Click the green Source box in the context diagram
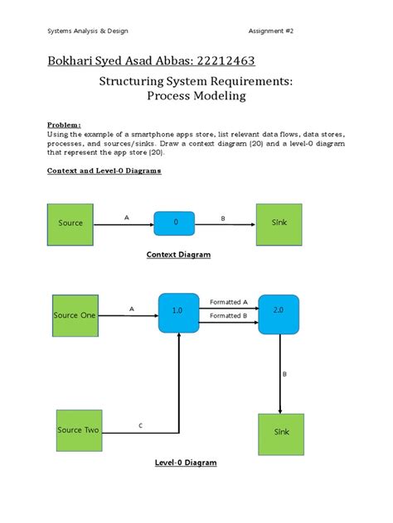[70, 223]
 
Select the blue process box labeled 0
[174, 223]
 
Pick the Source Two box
[80, 430]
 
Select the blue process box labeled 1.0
[177, 310]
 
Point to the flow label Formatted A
[229, 302]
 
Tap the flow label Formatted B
[229, 315]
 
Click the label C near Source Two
[140, 425]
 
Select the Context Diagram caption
[179, 255]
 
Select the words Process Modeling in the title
[196, 97]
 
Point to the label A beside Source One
[131, 308]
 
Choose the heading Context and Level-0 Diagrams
[103, 170]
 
